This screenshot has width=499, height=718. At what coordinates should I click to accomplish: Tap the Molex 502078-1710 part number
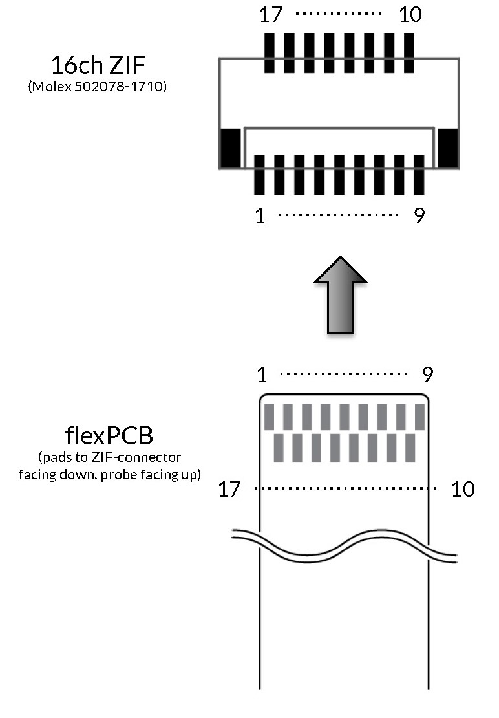(x=98, y=86)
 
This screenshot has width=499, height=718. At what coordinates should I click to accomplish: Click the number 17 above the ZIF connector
(x=271, y=14)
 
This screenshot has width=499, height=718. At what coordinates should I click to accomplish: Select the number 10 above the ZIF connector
(x=410, y=14)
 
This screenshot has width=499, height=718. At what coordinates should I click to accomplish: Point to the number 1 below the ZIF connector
(x=260, y=215)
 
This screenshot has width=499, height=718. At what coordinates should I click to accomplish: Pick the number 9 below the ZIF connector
(x=419, y=215)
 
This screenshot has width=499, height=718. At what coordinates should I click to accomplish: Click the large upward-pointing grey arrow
(x=341, y=294)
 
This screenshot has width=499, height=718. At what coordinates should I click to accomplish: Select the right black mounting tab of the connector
(x=448, y=147)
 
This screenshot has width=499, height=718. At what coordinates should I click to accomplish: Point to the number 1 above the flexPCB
(x=261, y=374)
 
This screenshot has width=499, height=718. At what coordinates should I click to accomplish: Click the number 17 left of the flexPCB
(x=229, y=489)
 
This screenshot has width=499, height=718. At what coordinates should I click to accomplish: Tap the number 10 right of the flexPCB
(x=463, y=489)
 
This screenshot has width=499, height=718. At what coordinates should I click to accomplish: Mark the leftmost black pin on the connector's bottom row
(x=260, y=175)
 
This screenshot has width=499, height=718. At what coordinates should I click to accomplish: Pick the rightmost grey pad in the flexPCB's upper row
(x=420, y=417)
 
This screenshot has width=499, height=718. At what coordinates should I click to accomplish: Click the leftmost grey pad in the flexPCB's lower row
(x=279, y=448)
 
